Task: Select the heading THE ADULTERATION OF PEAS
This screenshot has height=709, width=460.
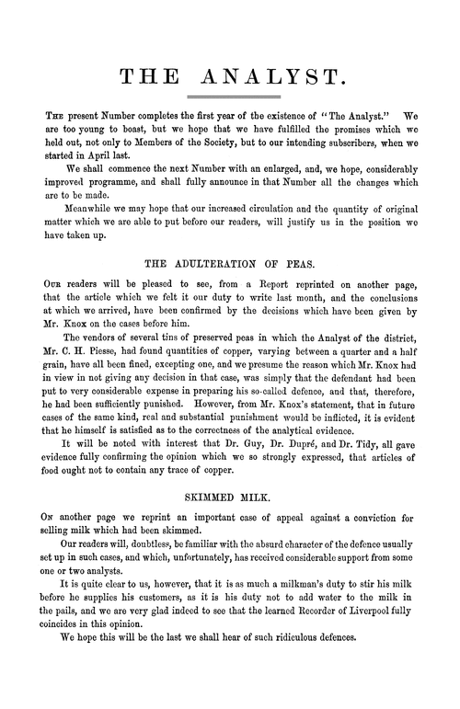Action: coord(229,260)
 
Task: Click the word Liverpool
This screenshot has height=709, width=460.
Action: coord(359,631)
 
